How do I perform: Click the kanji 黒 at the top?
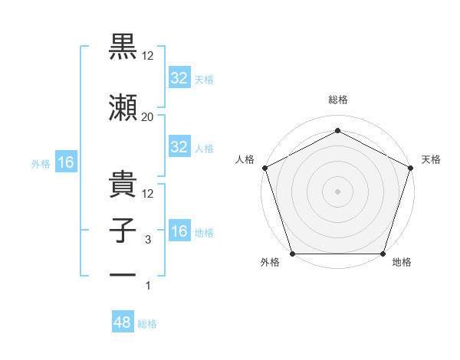[123, 48]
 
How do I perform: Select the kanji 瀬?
[123, 108]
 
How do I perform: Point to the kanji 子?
[123, 231]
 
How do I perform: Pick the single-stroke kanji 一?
[123, 275]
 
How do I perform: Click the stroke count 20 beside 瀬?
[148, 116]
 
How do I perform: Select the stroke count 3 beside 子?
[148, 239]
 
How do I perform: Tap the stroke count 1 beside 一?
[148, 286]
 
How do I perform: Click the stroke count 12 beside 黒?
[148, 57]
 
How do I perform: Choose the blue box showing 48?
[123, 322]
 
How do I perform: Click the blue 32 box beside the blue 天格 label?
[179, 78]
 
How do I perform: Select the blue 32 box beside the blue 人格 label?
[179, 147]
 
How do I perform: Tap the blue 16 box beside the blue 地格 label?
[179, 231]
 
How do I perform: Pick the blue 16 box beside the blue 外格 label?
[65, 162]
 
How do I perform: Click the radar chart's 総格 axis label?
[337, 100]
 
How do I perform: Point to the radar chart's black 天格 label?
[431, 159]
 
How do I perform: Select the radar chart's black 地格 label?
[402, 263]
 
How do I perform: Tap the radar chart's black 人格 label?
[245, 159]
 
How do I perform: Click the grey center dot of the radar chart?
[337, 191]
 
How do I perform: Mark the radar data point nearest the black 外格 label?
[292, 254]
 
